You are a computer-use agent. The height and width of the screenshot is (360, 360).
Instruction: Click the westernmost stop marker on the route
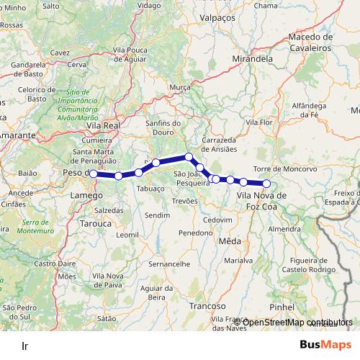click(x=94, y=174)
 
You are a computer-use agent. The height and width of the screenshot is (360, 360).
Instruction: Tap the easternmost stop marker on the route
click(x=266, y=184)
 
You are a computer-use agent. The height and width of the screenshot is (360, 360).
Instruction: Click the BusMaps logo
click(x=326, y=345)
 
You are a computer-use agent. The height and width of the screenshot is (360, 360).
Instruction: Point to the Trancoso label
click(x=209, y=306)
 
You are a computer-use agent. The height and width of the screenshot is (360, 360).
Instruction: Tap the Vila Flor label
click(x=258, y=123)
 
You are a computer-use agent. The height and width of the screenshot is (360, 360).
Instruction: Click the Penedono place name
click(x=196, y=233)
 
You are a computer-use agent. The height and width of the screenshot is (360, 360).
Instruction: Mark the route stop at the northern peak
click(x=189, y=157)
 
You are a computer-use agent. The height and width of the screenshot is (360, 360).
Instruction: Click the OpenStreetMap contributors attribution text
click(x=297, y=321)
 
